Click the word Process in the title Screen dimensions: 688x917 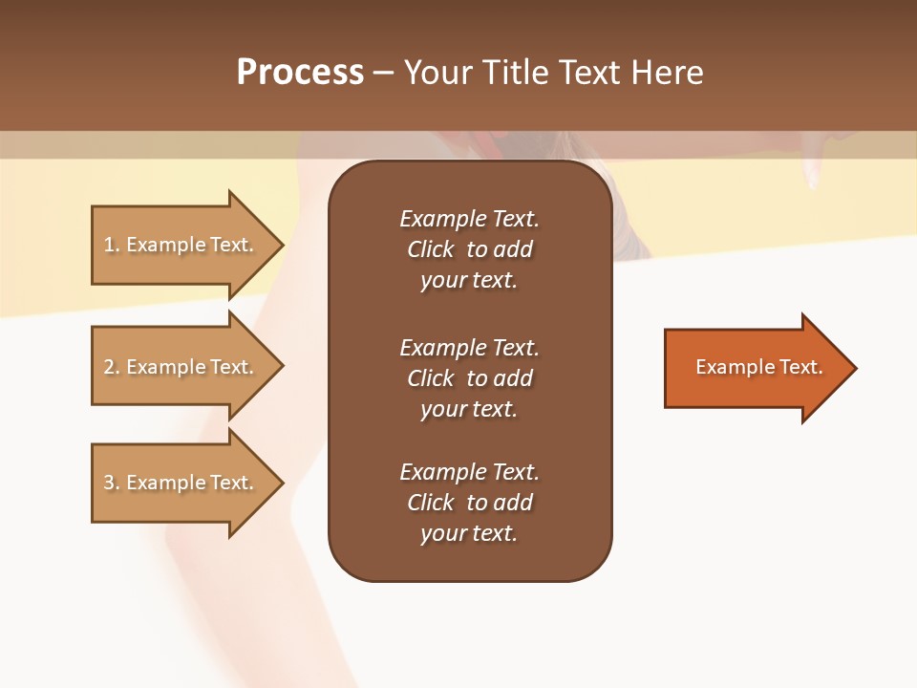(300, 73)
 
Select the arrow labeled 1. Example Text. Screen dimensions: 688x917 (179, 245)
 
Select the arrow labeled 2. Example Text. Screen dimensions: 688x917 (179, 367)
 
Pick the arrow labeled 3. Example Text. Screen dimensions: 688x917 (179, 483)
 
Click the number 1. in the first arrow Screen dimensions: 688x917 (112, 245)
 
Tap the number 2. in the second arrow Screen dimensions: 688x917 (112, 367)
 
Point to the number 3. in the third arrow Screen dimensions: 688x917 (112, 483)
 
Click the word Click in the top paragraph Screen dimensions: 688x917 (430, 249)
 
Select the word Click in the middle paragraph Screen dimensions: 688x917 (430, 378)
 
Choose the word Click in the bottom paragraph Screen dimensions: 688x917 (430, 503)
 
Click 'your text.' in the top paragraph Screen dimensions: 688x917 (469, 281)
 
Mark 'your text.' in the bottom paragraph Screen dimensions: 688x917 (469, 534)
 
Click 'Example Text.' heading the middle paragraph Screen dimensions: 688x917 (469, 348)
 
